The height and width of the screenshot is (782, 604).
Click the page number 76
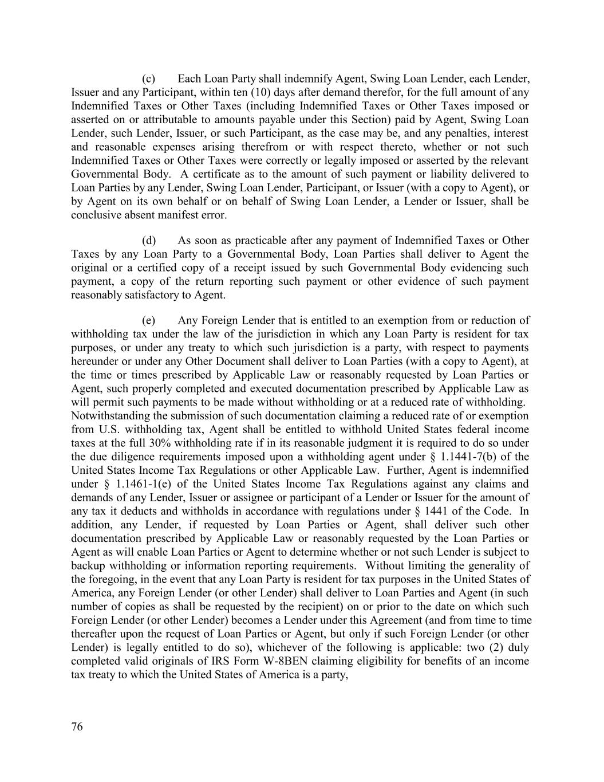[x=77, y=727]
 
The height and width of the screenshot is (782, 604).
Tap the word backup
[x=87, y=566]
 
